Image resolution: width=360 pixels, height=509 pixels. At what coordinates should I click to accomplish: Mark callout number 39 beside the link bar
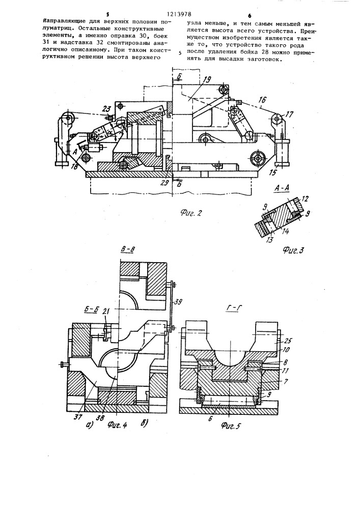click(x=177, y=302)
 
